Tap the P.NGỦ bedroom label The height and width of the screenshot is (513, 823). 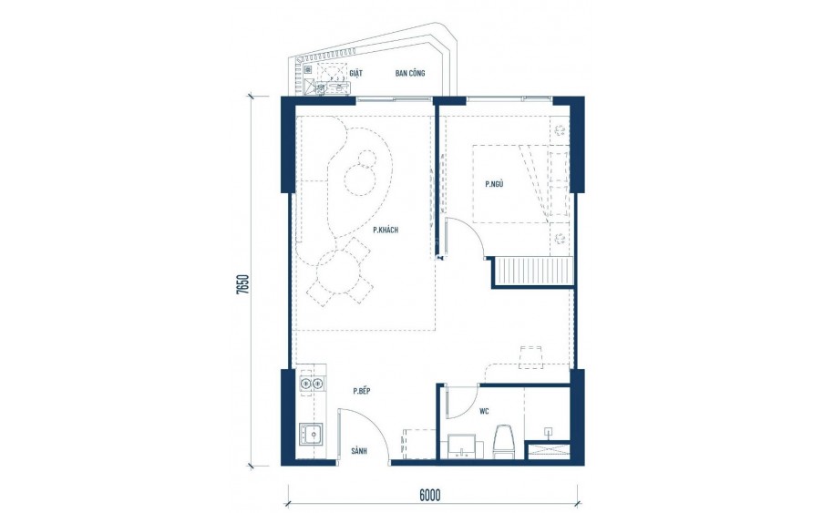click(495, 184)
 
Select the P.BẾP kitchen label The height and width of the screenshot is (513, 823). click(362, 391)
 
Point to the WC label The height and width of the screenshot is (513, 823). click(485, 410)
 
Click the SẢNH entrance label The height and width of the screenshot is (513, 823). click(359, 451)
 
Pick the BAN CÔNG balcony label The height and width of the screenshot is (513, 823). click(409, 74)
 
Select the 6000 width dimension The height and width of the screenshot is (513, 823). click(430, 496)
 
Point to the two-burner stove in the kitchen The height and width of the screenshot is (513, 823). click(310, 384)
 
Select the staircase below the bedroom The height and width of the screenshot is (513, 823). click(534, 272)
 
